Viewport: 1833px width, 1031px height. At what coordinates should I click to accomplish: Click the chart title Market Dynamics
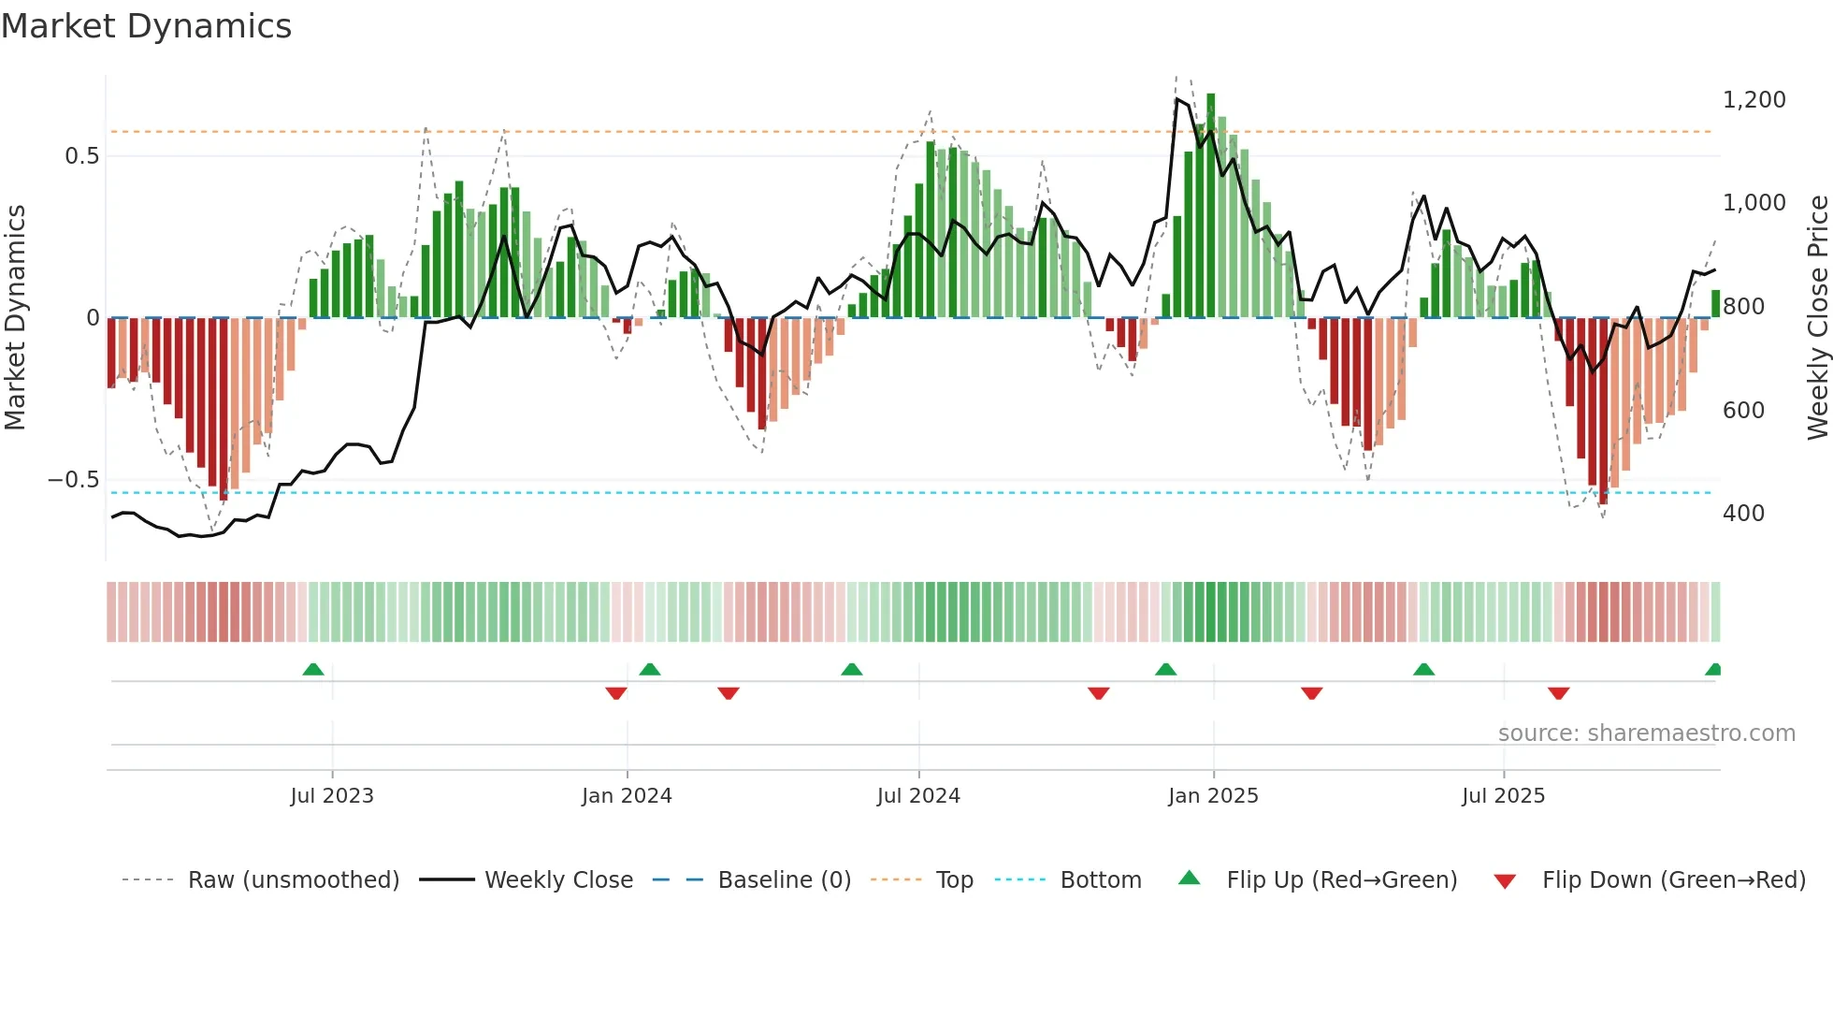pyautogui.click(x=146, y=26)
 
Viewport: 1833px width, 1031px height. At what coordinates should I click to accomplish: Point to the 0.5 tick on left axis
pyautogui.click(x=81, y=156)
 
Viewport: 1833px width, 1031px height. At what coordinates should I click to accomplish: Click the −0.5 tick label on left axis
pyautogui.click(x=74, y=480)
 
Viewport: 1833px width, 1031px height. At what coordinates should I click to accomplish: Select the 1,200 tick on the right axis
pyautogui.click(x=1754, y=100)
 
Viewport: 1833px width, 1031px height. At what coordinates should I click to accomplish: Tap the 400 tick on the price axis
pyautogui.click(x=1743, y=514)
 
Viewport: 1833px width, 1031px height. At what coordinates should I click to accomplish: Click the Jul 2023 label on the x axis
pyautogui.click(x=331, y=796)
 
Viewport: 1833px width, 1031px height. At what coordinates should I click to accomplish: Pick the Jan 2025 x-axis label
pyautogui.click(x=1213, y=796)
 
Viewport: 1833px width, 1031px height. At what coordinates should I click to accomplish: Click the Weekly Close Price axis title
pyautogui.click(x=1817, y=317)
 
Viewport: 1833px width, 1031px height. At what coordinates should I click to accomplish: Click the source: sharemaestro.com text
pyautogui.click(x=1646, y=733)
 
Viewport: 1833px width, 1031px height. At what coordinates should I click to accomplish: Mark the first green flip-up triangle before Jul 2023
pyautogui.click(x=313, y=670)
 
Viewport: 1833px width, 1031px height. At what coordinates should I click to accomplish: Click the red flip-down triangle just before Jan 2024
pyautogui.click(x=615, y=693)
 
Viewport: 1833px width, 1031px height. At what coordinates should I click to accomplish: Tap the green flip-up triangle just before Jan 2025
pyautogui.click(x=1165, y=670)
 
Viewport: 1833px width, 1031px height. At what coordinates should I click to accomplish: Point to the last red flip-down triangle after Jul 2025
pyautogui.click(x=1558, y=693)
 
